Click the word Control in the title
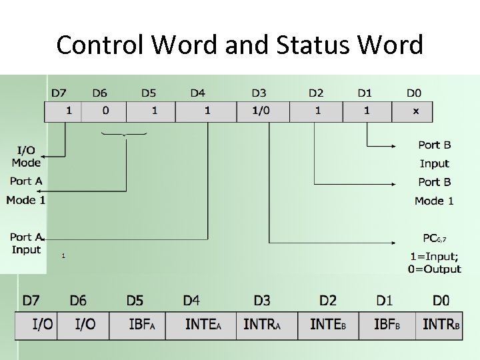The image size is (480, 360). tap(101, 45)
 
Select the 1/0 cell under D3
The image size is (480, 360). tap(261, 111)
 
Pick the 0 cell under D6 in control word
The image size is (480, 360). tap(106, 111)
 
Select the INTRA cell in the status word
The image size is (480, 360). tap(262, 325)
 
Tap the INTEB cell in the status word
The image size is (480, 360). tap(328, 325)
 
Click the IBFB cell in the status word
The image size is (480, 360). tap(387, 325)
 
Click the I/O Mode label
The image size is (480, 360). tap(26, 157)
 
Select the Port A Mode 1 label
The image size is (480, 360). tap(26, 191)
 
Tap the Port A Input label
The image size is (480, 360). tap(26, 243)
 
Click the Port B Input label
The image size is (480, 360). tap(435, 154)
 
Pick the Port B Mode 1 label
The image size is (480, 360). tap(434, 191)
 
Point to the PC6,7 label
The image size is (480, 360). tap(435, 238)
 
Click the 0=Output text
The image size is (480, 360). tap(435, 269)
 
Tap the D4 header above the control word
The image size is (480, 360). tap(197, 93)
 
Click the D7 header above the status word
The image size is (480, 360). tap(31, 301)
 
